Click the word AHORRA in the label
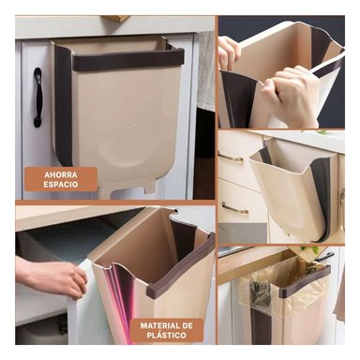click(x=61, y=173)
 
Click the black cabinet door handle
click(x=37, y=97)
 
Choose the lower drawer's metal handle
click(x=234, y=208)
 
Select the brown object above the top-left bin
click(x=116, y=18)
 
